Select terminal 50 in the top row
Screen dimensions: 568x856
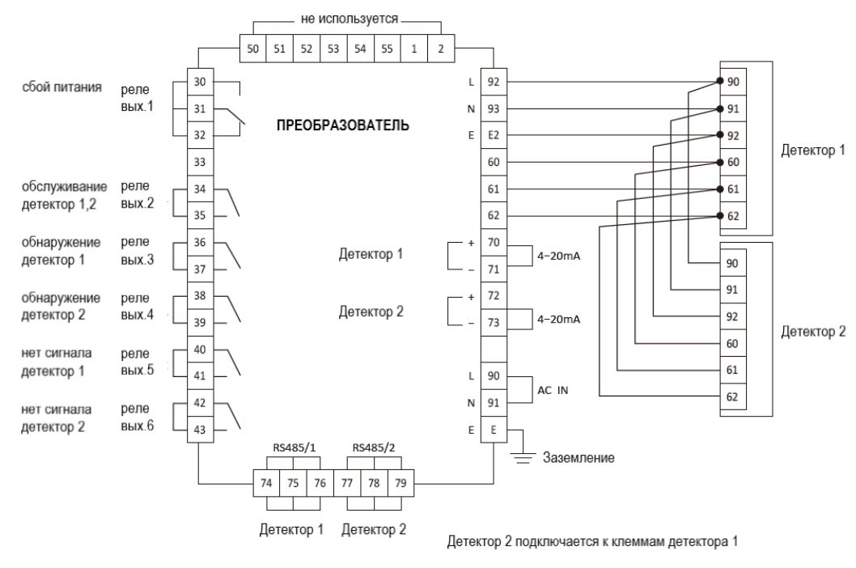[254, 48]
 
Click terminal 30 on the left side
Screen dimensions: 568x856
[200, 82]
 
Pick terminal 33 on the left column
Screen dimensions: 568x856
[200, 162]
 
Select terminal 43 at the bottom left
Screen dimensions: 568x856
[200, 429]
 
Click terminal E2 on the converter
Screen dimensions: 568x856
[494, 135]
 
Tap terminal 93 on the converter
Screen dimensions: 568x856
[494, 108]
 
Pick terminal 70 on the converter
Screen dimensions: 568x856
[494, 242]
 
